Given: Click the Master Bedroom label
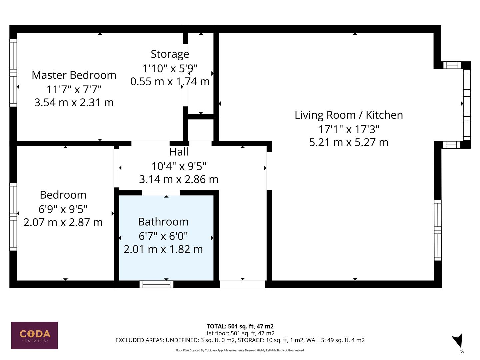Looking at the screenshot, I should [74, 75].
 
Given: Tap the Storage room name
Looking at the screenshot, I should [170, 54].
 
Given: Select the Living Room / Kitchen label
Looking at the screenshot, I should [349, 115].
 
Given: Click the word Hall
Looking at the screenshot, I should [179, 152].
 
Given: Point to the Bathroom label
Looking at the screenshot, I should [163, 222].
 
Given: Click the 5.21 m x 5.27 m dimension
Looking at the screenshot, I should [349, 142].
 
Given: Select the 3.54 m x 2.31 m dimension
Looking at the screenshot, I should [74, 102].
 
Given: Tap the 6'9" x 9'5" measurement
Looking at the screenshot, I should [63, 209].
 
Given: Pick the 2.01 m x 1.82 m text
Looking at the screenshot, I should [163, 249].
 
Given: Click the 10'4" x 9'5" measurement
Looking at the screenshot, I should [179, 166].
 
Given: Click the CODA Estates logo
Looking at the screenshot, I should [34, 335].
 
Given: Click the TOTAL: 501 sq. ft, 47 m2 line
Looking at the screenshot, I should [240, 326].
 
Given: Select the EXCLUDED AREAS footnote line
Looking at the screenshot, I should [240, 340].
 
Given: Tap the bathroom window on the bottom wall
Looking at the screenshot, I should [156, 284].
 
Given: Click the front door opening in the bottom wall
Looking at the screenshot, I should [242, 284].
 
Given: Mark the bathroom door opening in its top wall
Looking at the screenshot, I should [161, 193].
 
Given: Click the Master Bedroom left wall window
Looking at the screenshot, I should [13, 73].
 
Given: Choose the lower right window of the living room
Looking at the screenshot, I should [438, 230].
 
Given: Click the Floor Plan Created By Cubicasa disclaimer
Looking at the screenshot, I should [240, 350].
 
